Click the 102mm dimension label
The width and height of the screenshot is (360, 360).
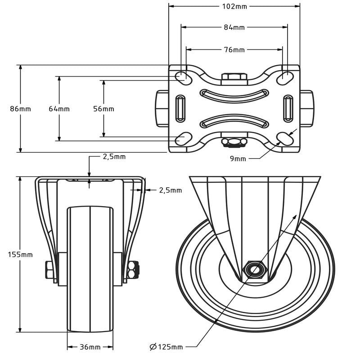234,6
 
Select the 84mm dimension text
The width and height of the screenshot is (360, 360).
234,27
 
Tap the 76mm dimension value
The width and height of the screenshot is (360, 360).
234,49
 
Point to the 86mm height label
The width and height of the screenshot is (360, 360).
20,108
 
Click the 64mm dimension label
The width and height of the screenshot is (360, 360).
59,108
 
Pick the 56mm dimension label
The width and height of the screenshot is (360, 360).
103,108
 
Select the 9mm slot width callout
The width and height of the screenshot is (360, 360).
238,159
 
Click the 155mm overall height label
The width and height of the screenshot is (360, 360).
20,254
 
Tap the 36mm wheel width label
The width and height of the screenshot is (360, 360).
90,347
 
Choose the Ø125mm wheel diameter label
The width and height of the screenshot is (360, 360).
166,346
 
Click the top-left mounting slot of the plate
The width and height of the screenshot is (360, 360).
184,78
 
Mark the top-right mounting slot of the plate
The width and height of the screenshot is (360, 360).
285,78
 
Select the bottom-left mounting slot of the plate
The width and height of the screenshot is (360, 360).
184,139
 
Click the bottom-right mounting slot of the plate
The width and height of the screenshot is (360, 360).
285,139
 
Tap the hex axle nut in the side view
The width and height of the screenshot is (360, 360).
255,270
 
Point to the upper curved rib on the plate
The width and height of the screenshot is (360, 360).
234,96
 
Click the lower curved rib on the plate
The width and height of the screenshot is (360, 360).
234,121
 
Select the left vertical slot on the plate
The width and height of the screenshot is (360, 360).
180,108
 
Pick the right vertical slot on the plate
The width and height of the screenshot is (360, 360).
288,108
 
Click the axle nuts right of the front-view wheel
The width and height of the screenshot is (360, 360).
133,270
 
